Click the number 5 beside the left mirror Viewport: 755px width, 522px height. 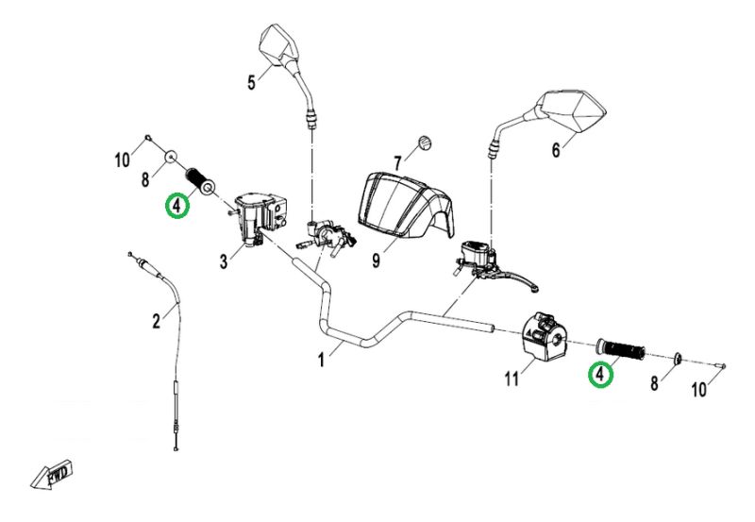click(x=252, y=83)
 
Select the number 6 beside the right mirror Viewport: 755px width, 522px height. click(x=555, y=149)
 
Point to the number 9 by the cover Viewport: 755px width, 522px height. click(x=377, y=259)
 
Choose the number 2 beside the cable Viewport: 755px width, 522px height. click(x=157, y=322)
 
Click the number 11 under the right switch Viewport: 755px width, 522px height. click(x=512, y=379)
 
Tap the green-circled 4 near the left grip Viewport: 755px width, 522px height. click(x=176, y=205)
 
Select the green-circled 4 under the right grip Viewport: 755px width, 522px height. click(x=599, y=376)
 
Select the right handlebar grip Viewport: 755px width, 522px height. click(x=619, y=349)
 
